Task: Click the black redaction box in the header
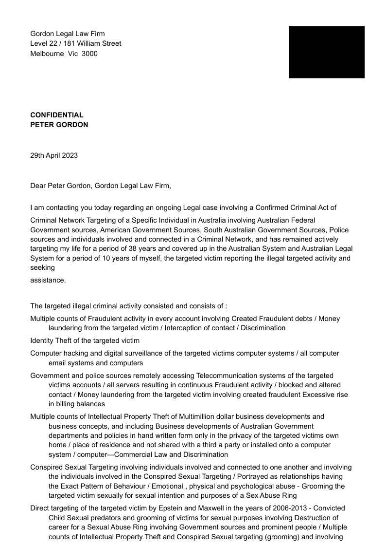326,52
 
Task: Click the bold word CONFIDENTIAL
56,115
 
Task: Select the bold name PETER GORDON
59,124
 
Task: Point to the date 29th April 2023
53,155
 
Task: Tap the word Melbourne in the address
45,54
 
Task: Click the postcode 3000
89,54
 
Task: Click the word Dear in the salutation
37,185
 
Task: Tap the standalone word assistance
48,280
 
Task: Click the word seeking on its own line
42,267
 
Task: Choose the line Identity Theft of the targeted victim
85,340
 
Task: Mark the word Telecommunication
228,376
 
